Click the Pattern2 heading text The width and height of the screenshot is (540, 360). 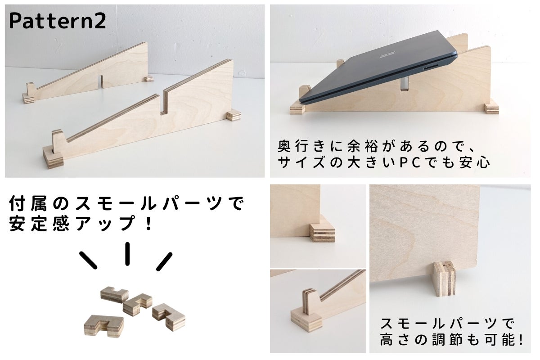(58, 21)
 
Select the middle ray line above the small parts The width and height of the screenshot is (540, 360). (127, 254)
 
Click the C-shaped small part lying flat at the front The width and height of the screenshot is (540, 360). (104, 326)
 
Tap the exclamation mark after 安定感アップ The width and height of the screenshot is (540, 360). (149, 223)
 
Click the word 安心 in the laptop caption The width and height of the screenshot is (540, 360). (475, 162)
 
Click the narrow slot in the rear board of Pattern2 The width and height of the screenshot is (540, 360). (102, 82)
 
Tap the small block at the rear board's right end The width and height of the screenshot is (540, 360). (149, 79)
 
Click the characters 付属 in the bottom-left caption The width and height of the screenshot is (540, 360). (28, 203)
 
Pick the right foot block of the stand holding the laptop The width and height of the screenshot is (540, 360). (492, 109)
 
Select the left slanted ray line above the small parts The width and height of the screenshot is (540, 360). (89, 261)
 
